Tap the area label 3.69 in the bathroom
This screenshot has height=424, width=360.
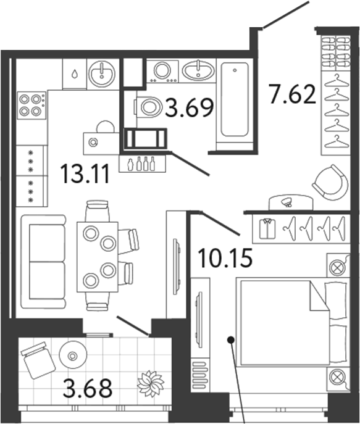click(x=190, y=109)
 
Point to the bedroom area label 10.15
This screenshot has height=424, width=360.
click(x=225, y=257)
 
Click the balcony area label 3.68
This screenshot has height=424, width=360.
click(x=89, y=390)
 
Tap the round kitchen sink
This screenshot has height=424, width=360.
click(x=101, y=75)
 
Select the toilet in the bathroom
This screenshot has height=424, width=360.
click(x=147, y=107)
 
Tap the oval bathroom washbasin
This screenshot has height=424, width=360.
click(x=198, y=70)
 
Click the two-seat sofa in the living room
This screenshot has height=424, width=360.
click(x=41, y=260)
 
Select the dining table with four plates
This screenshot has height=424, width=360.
click(x=97, y=256)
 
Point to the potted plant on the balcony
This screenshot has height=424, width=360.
click(x=149, y=382)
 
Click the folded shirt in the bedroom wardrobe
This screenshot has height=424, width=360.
click(x=267, y=228)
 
